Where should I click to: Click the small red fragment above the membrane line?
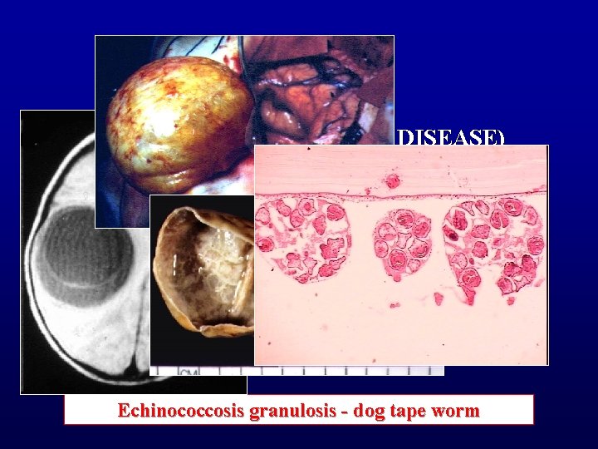392,181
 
